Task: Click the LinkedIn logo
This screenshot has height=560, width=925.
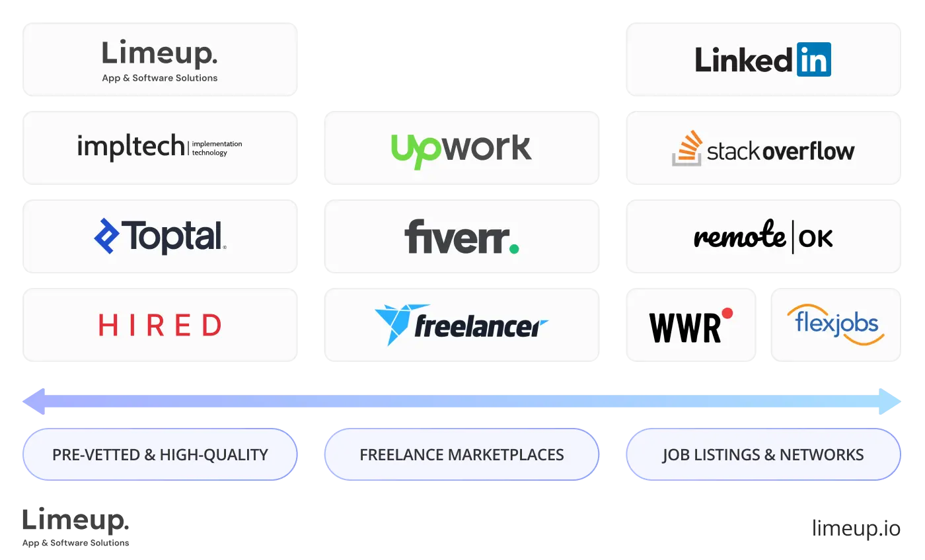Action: coord(762,60)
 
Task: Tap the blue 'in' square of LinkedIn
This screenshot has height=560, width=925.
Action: coord(813,60)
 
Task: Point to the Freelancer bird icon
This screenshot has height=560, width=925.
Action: coord(394,324)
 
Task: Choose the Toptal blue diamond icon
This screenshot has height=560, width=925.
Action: coord(106,236)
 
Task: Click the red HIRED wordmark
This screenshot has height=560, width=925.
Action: coord(160,325)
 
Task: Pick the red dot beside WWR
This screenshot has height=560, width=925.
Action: coord(727,313)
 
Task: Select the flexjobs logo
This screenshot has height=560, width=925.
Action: coord(836,324)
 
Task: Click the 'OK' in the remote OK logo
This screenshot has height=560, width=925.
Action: coord(816,238)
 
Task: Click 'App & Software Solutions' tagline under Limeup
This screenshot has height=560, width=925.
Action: coord(160,78)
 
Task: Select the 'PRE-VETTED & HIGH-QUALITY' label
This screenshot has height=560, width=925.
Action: coord(160,454)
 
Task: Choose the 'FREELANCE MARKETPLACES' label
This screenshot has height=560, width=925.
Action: coord(462,454)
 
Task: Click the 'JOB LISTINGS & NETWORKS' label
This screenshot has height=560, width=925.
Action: coord(763,454)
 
